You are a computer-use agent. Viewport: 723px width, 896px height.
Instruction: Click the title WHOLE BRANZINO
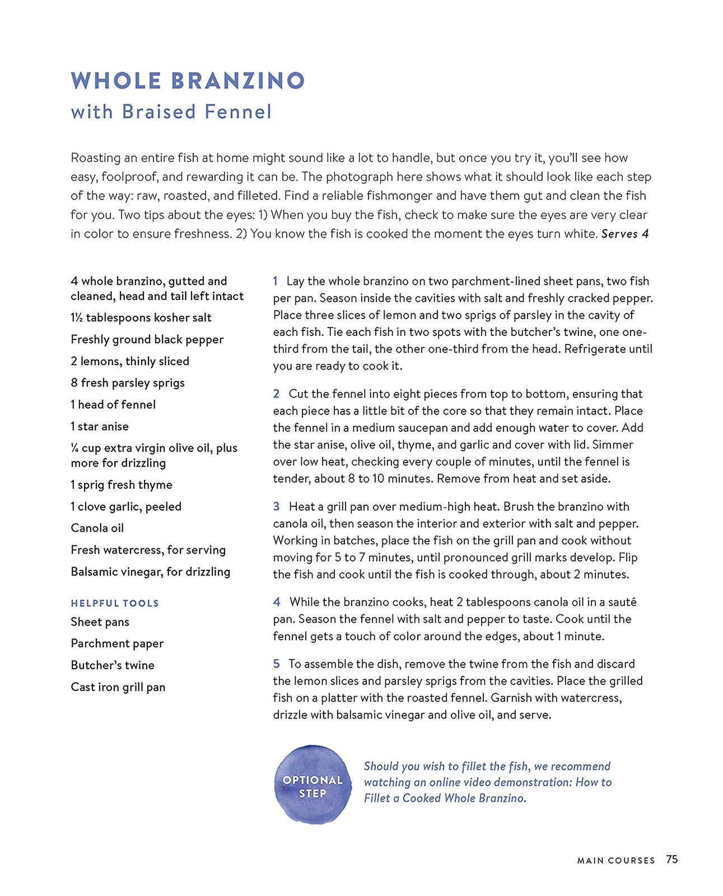pos(188,81)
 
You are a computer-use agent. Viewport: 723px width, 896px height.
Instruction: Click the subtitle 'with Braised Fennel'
pos(171,111)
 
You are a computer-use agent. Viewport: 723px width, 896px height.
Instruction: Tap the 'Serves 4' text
pos(624,234)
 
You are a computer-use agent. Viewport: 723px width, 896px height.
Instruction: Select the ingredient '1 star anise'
pos(100,426)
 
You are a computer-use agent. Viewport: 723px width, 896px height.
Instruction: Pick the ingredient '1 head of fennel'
pos(113,404)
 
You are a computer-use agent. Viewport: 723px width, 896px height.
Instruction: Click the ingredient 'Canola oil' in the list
pos(97,528)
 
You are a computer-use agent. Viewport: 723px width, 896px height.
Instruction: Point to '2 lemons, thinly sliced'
pos(130,361)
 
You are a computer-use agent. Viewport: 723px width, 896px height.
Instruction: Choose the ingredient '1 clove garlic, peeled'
pos(126,506)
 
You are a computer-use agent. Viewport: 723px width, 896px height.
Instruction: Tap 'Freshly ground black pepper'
pos(147,339)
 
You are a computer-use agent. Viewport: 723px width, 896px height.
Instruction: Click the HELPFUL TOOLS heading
pos(115,603)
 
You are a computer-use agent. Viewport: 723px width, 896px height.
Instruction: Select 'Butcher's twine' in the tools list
pos(113,665)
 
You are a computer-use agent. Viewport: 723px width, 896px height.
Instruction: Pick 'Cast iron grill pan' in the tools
pos(118,687)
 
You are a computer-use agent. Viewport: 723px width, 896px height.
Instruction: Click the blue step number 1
pos(276,281)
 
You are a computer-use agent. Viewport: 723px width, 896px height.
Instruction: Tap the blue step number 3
pos(276,507)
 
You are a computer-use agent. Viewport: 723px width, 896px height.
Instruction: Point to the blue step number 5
pos(276,664)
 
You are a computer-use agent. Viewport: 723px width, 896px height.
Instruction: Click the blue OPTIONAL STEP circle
pos(312,785)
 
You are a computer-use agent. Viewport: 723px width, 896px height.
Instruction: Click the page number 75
pos(671,859)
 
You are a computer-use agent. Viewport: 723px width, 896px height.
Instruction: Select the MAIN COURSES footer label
pos(616,860)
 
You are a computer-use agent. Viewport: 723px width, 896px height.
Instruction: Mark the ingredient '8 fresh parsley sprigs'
pos(128,383)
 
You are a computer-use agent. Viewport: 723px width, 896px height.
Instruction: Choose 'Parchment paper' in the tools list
pos(117,643)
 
